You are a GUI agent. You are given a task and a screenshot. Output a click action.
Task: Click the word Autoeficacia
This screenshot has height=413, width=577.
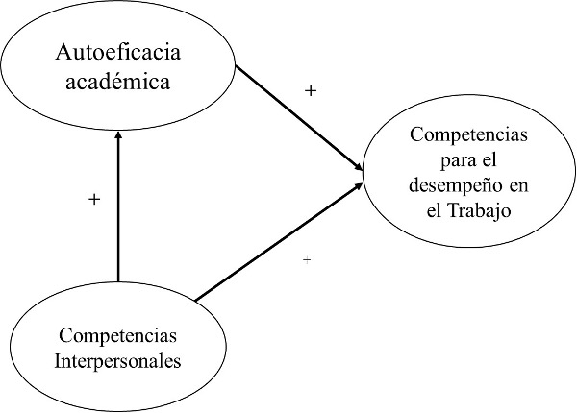pos(117,52)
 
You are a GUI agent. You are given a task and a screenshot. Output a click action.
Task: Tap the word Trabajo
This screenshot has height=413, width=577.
pos(479,209)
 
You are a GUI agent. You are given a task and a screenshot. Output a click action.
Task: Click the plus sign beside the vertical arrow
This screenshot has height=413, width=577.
pos(93,200)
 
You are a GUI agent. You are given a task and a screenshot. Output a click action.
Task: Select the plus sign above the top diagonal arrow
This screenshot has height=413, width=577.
pos(310,91)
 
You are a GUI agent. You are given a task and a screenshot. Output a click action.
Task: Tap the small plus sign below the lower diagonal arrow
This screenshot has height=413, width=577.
pos(307,260)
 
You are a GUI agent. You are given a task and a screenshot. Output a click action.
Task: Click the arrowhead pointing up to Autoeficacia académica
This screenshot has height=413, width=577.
pos(117,135)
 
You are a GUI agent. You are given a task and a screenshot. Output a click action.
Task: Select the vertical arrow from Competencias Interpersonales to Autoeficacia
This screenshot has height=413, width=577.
pos(117,206)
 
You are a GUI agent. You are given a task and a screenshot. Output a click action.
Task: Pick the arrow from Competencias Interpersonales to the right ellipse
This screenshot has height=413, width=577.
pos(279,244)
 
